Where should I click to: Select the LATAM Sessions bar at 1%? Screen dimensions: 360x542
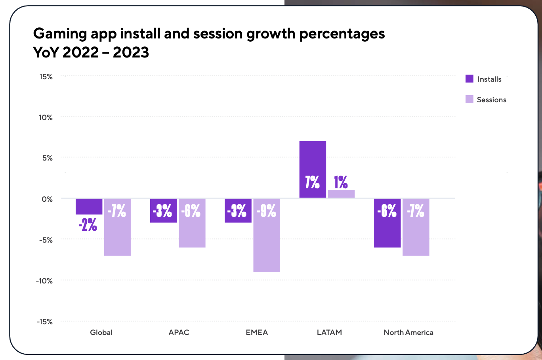pyautogui.click(x=341, y=194)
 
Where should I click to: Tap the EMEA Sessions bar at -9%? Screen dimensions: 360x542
pyautogui.click(x=267, y=246)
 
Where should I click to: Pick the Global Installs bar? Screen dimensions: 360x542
pyautogui.click(x=89, y=206)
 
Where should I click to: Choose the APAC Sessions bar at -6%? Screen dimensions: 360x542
pyautogui.click(x=192, y=234)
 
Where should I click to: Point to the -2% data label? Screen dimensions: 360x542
pyautogui.click(x=88, y=225)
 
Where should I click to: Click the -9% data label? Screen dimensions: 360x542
pyautogui.click(x=267, y=211)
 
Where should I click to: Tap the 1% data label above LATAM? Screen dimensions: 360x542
pyautogui.click(x=341, y=182)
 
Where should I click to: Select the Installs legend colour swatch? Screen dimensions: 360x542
pyautogui.click(x=469, y=79)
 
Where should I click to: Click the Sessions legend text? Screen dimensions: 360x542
pyautogui.click(x=491, y=100)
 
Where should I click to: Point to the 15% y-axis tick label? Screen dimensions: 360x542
pyautogui.click(x=46, y=77)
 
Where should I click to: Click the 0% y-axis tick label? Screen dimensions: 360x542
pyautogui.click(x=47, y=199)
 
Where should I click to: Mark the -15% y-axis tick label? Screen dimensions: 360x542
pyautogui.click(x=45, y=322)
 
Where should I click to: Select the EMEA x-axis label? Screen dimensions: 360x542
pyautogui.click(x=257, y=332)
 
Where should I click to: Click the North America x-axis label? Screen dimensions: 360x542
pyautogui.click(x=408, y=332)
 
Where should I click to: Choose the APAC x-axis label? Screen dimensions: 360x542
pyautogui.click(x=179, y=332)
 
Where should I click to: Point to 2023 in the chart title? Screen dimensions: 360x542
pyautogui.click(x=131, y=52)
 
